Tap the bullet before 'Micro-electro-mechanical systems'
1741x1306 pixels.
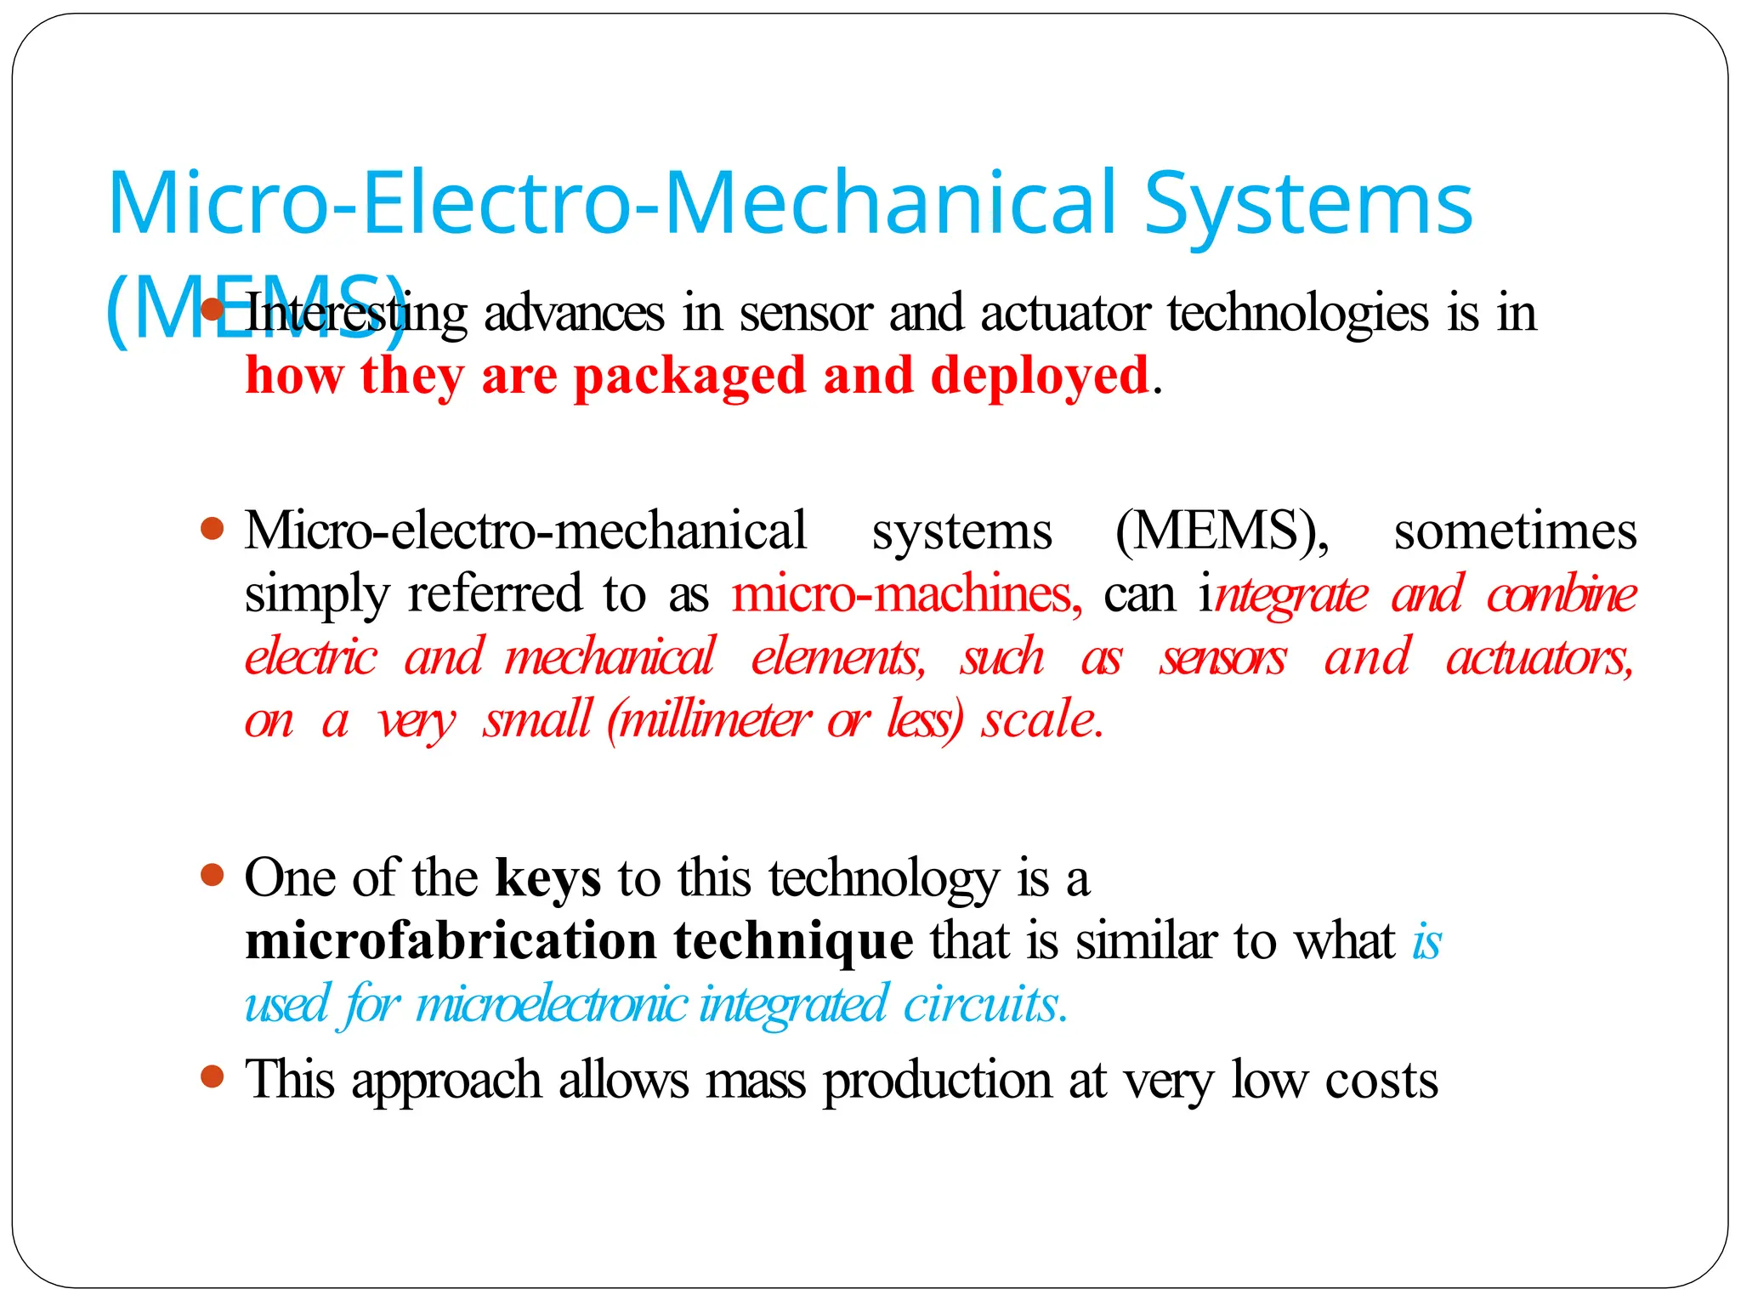213,530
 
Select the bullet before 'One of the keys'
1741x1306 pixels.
213,875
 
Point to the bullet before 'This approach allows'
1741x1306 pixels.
213,1077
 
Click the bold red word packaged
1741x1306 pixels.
689,377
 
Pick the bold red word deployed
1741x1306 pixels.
1039,377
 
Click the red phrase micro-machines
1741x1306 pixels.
906,593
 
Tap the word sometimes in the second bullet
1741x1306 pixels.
1515,531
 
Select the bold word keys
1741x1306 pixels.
548,878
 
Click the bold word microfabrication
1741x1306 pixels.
451,941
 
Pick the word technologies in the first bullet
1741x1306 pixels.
1297,315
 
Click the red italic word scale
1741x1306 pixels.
1041,720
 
